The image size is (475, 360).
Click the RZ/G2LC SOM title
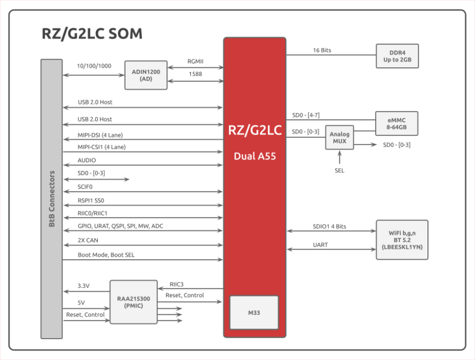point(92,33)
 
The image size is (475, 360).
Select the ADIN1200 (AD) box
point(145,75)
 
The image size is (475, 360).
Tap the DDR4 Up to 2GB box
point(396,56)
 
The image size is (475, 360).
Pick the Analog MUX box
point(339,138)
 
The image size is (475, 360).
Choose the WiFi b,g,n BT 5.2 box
point(402,240)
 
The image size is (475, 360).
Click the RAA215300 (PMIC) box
point(133,302)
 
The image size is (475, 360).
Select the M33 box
point(254,313)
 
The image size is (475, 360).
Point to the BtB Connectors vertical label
point(52,199)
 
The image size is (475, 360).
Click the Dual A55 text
point(254,156)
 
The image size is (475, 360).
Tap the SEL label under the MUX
point(339,171)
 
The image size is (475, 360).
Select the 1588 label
point(196,74)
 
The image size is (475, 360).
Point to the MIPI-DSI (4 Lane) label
point(103,135)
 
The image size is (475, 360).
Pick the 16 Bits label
point(322,50)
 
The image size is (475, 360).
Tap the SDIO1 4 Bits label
point(330,226)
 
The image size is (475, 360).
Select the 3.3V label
point(84,286)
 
